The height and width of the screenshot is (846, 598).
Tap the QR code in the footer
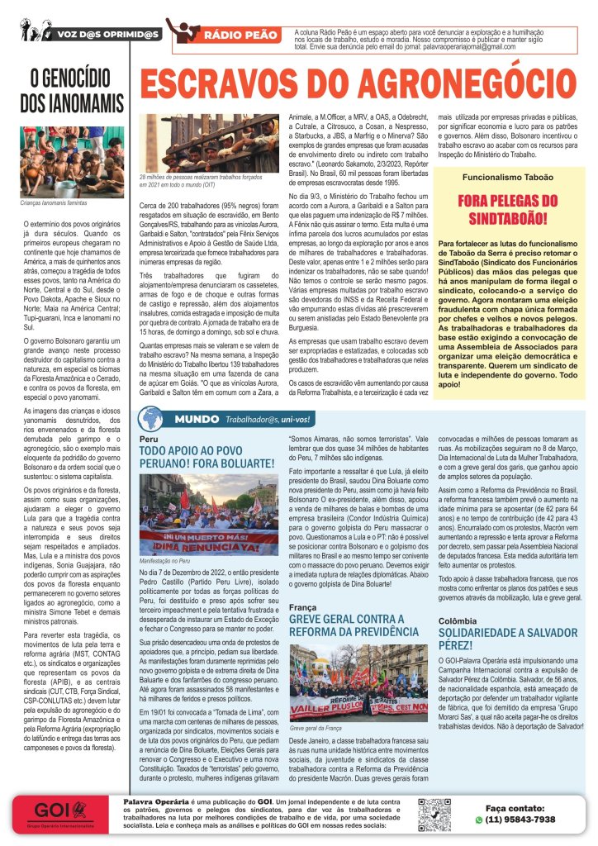(x=434, y=814)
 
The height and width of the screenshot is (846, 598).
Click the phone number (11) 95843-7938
(x=520, y=820)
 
